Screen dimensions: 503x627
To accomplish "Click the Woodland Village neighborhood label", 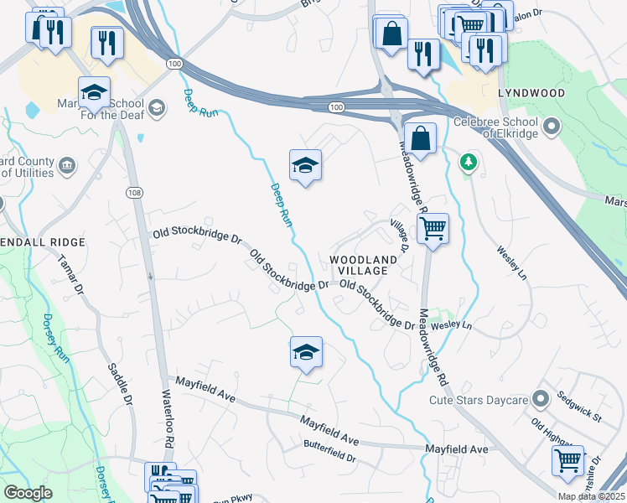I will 364,265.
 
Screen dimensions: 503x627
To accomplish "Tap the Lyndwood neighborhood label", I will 531,92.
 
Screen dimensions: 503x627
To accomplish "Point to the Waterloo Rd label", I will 168,420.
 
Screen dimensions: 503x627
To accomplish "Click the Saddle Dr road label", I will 121,385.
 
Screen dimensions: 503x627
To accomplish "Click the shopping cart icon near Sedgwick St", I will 567,460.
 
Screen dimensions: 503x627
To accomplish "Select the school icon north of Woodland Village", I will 306,165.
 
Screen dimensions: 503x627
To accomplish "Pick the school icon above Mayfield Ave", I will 306,352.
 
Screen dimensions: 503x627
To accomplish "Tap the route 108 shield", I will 134,192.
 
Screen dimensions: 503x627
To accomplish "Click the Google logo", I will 28,493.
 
